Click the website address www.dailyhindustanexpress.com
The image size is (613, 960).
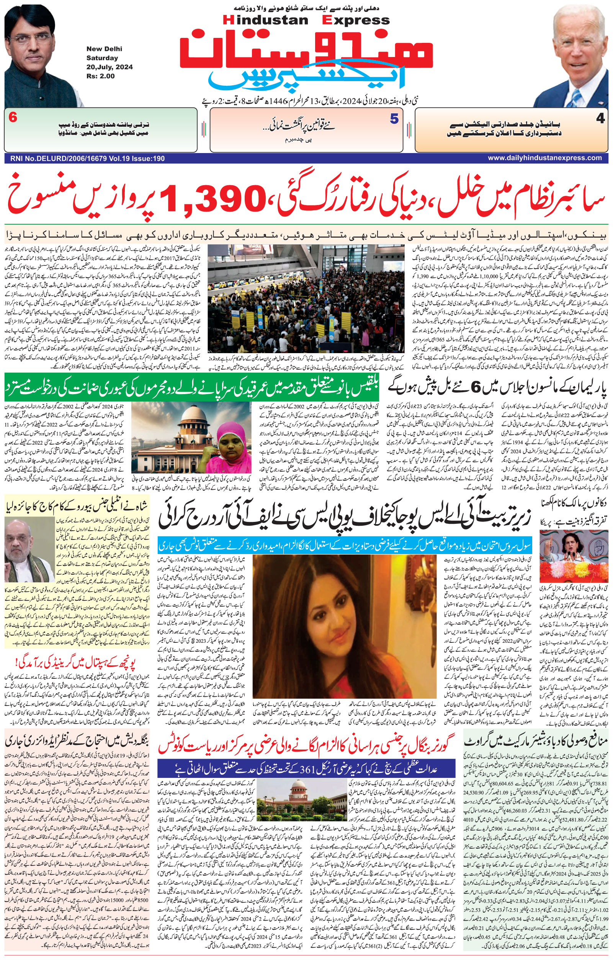click(544, 158)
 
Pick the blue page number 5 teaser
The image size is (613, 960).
click(394, 119)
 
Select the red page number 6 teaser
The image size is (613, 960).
click(12, 118)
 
